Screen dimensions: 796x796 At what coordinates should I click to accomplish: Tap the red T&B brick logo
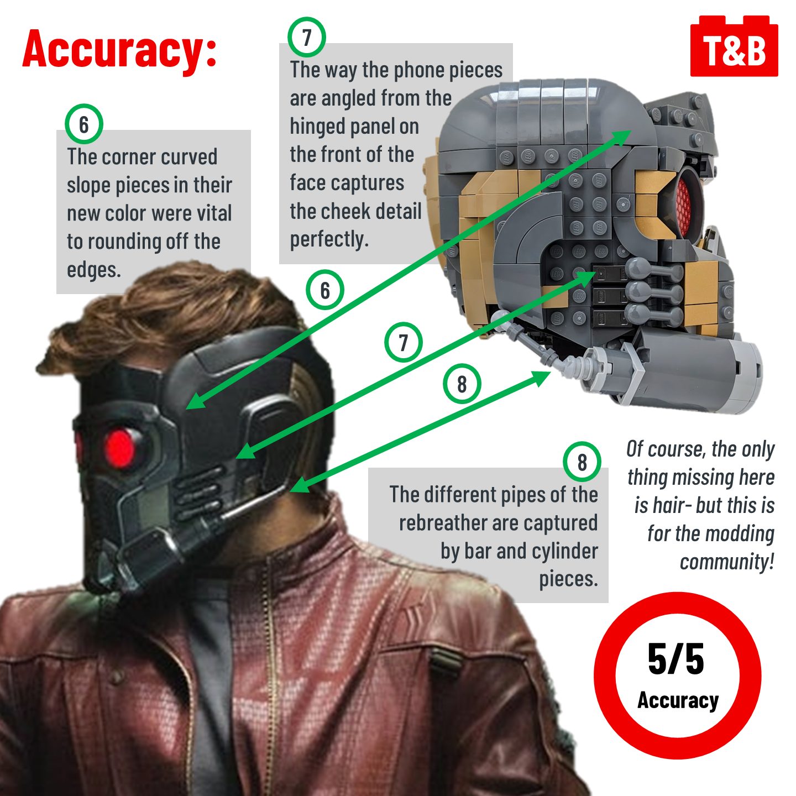coord(734,46)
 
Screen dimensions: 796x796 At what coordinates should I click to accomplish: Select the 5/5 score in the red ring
coord(676,659)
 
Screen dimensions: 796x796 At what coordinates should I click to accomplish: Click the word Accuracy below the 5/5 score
coord(678,700)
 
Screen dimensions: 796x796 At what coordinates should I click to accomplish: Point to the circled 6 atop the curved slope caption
coord(84,124)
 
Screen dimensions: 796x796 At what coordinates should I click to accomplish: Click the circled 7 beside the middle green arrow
coord(403,342)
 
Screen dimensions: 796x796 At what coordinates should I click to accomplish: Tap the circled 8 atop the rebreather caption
coord(582,462)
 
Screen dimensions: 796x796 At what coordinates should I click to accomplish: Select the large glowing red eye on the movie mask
coord(120,448)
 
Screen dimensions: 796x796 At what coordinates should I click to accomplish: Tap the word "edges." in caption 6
coord(94,270)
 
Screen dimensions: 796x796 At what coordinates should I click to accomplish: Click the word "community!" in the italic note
coord(727,562)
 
